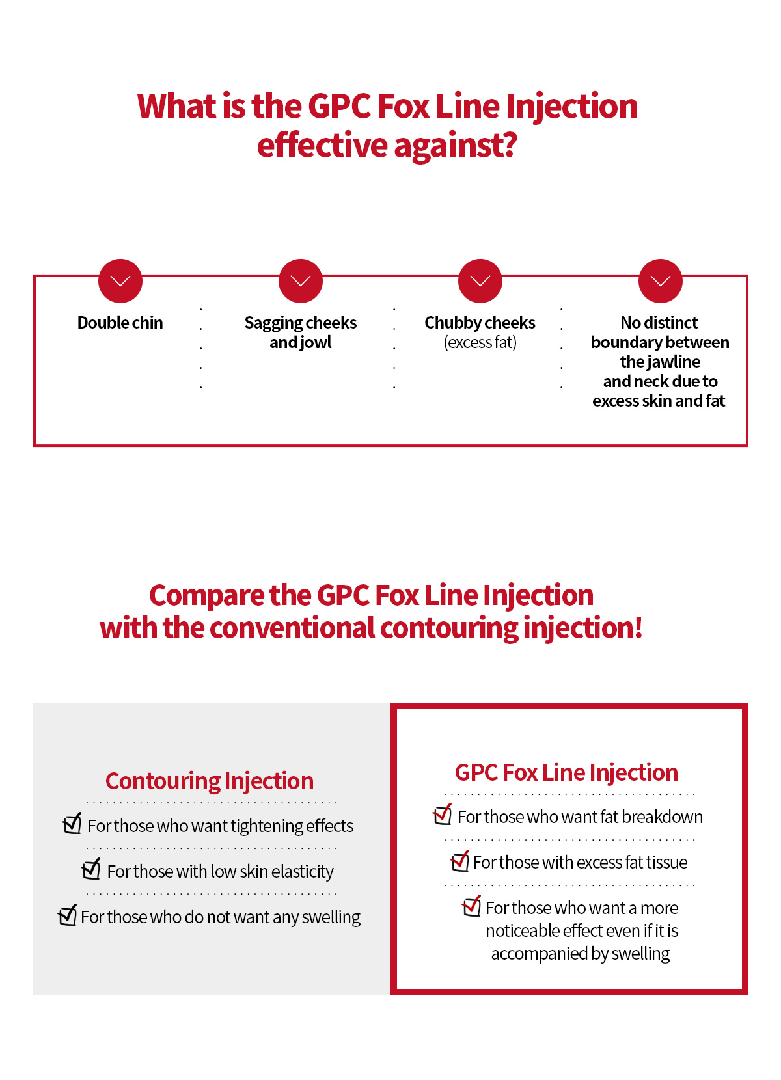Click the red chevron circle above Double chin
click(120, 281)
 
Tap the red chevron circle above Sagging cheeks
click(301, 281)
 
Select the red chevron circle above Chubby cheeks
click(480, 281)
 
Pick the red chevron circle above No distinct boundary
click(661, 281)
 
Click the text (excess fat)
click(480, 342)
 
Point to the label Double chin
click(120, 323)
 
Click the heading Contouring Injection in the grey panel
click(210, 781)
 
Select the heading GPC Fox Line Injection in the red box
click(566, 772)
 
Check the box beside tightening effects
click(72, 824)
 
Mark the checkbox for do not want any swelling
click(68, 915)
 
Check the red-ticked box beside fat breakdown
click(443, 815)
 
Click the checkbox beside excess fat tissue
click(459, 861)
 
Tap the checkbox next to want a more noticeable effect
click(471, 906)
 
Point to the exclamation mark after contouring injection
click(638, 628)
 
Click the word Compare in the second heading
click(207, 597)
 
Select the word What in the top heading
click(177, 106)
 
